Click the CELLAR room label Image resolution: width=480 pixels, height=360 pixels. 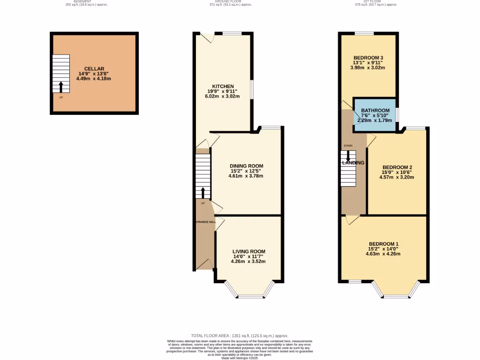click(x=94, y=69)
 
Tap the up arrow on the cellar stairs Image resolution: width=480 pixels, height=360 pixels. click(x=60, y=87)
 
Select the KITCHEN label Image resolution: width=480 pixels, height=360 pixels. click(x=223, y=87)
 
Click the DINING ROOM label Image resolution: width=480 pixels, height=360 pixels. click(x=246, y=166)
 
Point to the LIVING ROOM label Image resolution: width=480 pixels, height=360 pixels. click(x=248, y=252)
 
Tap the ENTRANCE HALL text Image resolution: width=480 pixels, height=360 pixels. click(x=205, y=222)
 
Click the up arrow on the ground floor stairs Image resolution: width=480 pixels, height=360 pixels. click(x=203, y=193)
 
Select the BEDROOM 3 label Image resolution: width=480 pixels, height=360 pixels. click(x=368, y=58)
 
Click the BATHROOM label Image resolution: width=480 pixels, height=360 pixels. click(x=375, y=111)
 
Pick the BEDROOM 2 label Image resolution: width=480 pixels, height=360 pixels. click(x=397, y=167)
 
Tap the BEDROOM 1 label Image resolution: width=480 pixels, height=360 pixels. click(x=383, y=244)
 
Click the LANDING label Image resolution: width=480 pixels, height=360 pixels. click(x=353, y=163)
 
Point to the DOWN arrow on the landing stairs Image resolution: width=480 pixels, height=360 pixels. click(x=348, y=155)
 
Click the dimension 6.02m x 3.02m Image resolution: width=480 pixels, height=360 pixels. click(x=223, y=97)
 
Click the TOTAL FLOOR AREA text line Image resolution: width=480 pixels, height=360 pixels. click(x=240, y=336)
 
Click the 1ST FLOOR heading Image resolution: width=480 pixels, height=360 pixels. click(x=376, y=1)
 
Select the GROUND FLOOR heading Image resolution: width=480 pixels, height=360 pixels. click(x=231, y=1)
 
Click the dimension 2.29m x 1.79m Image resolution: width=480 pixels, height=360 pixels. click(x=375, y=120)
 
